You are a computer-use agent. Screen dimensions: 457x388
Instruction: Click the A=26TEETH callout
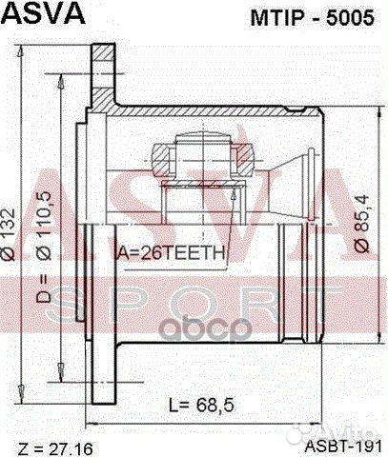click(x=170, y=253)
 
